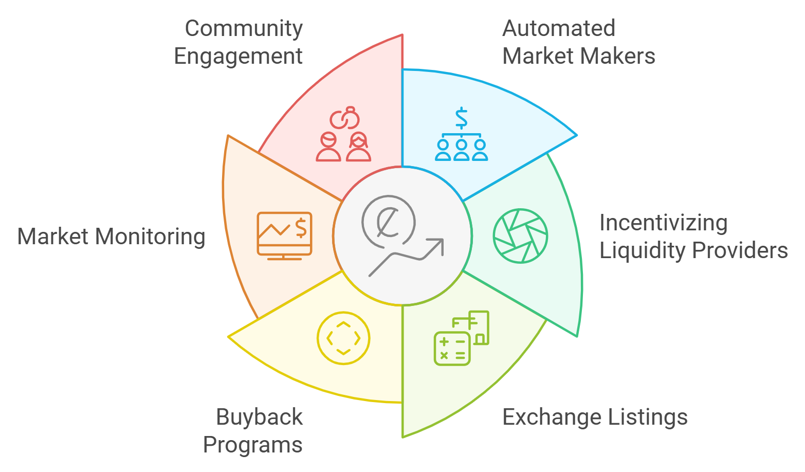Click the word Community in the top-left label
pyautogui.click(x=244, y=29)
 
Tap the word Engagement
pyautogui.click(x=238, y=57)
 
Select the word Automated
pyautogui.click(x=559, y=29)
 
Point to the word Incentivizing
pyautogui.click(x=663, y=224)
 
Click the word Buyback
pyautogui.click(x=259, y=417)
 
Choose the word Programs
pyautogui.click(x=252, y=445)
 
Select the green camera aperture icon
pyautogui.click(x=520, y=236)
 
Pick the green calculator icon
pyautogui.click(x=461, y=338)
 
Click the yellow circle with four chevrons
pyautogui.click(x=343, y=338)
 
